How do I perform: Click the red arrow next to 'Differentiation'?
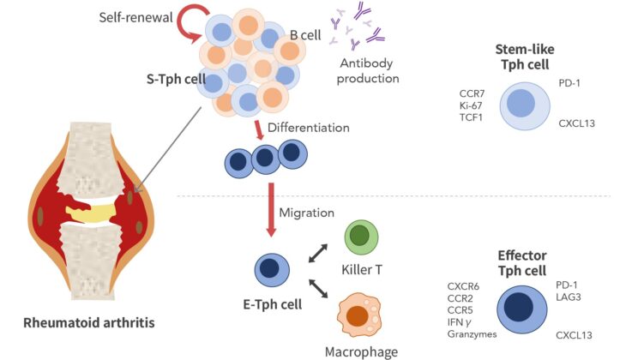pyautogui.click(x=257, y=129)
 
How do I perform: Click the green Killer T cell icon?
pyautogui.click(x=361, y=236)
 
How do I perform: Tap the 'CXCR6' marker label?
pyautogui.click(x=463, y=286)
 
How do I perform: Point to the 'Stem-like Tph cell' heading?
pyautogui.click(x=522, y=56)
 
